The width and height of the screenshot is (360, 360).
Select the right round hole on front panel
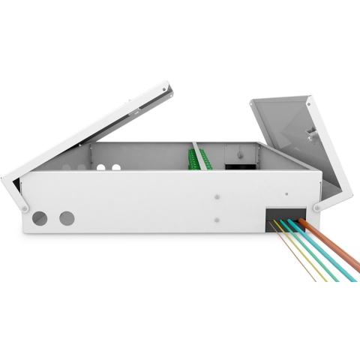tap(67, 218)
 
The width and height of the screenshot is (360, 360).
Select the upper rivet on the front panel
tap(217, 197)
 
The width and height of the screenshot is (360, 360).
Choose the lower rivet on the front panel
tap(217, 220)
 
